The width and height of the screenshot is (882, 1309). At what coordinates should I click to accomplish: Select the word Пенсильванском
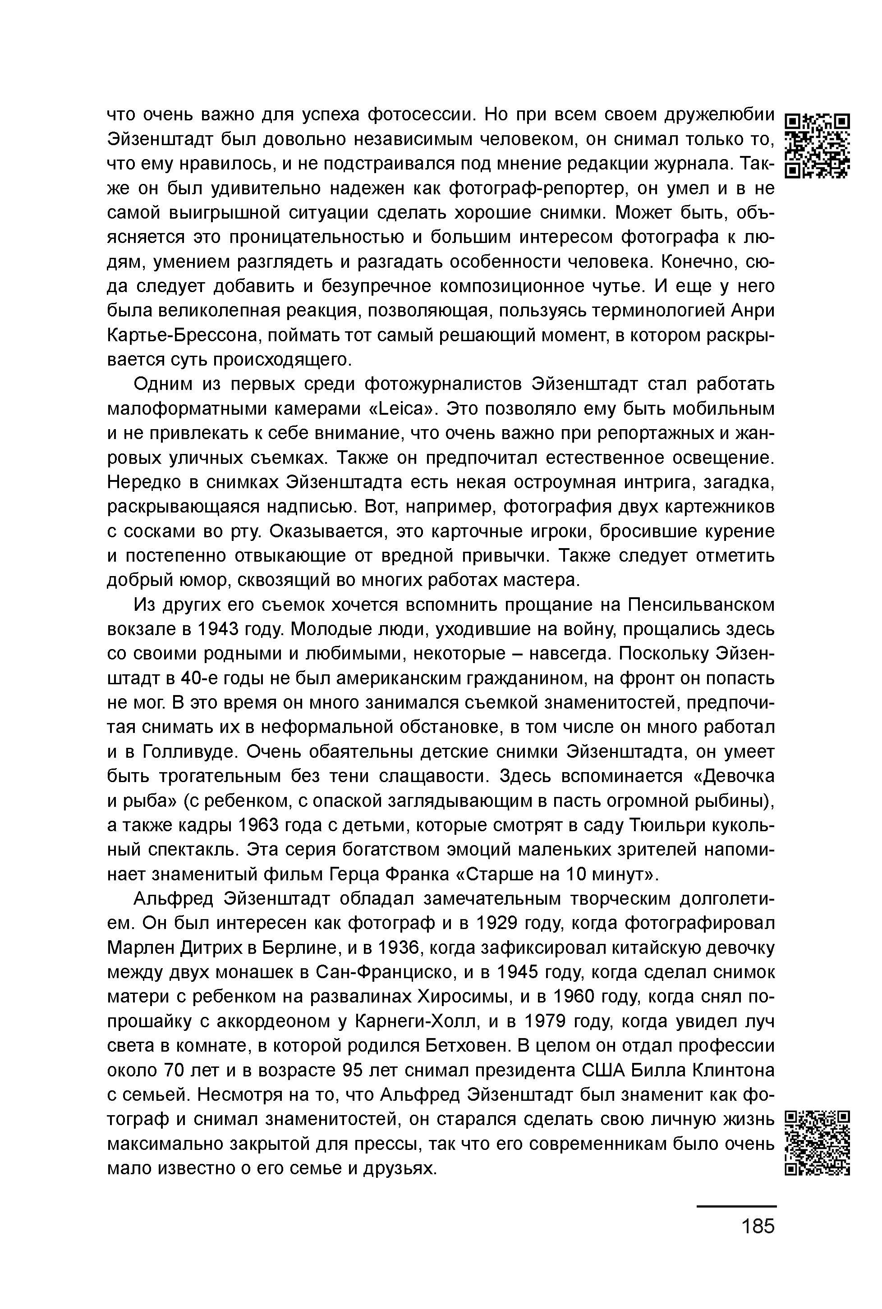click(701, 605)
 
